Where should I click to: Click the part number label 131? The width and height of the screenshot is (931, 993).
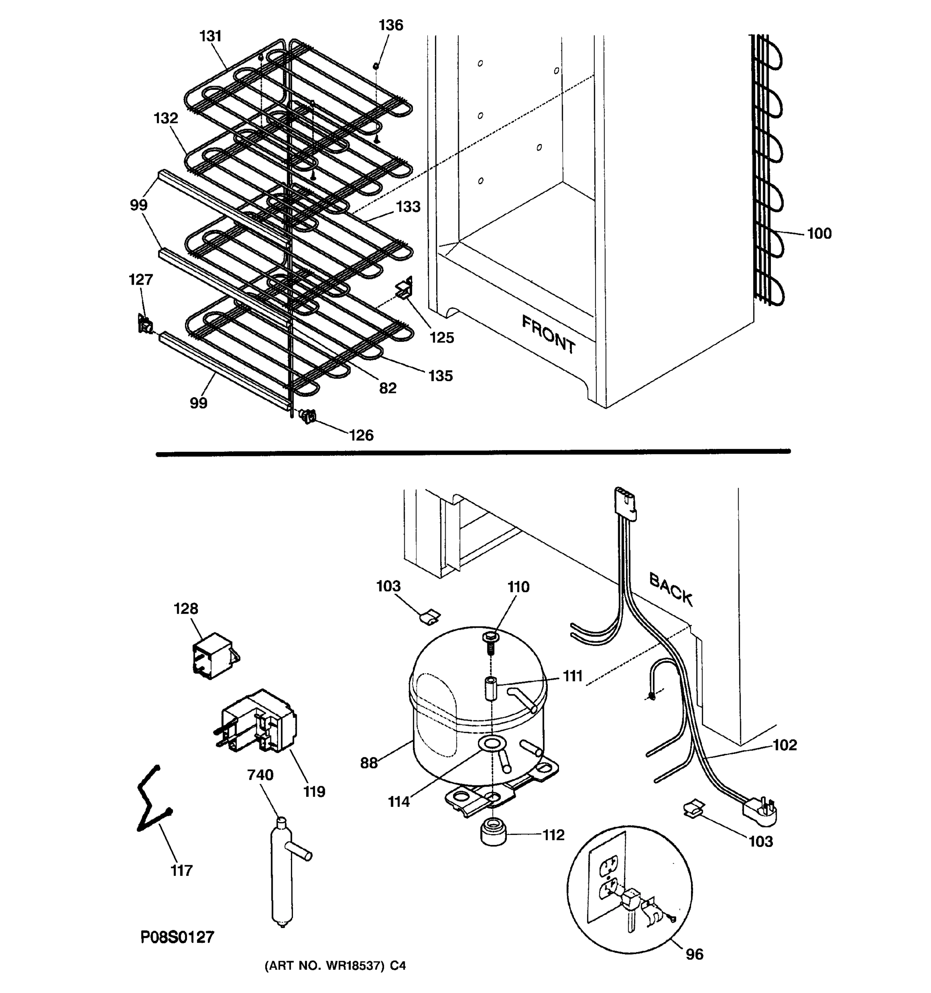tap(210, 36)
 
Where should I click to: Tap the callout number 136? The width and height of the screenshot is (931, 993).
tap(391, 25)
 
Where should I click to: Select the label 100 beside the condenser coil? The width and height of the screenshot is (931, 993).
tap(819, 233)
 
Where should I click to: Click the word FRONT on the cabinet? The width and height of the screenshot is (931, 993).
tap(548, 334)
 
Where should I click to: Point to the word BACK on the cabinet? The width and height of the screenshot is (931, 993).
tap(671, 590)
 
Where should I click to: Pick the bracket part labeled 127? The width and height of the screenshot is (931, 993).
tap(144, 324)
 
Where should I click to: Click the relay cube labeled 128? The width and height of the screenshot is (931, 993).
tap(215, 655)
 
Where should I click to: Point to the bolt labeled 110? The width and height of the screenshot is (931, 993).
tap(490, 643)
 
